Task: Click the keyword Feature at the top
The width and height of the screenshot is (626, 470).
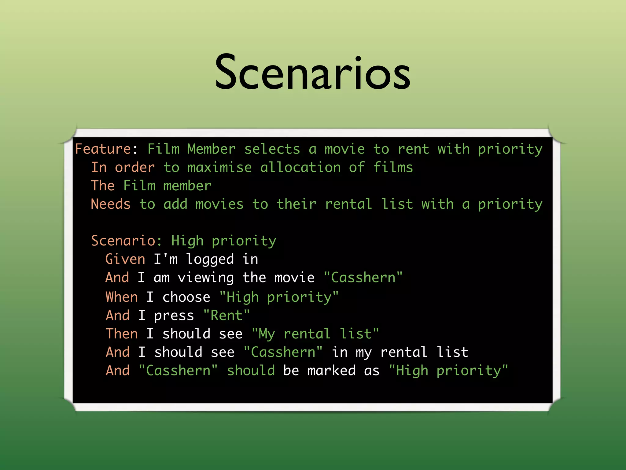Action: click(x=103, y=149)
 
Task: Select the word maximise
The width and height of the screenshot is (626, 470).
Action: click(x=219, y=167)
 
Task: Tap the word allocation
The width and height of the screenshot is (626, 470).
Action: click(x=300, y=167)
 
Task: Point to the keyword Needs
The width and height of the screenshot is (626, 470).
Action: click(x=111, y=204)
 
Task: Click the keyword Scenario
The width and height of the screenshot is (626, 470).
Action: click(x=123, y=241)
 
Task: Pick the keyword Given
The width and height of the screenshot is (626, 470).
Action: click(x=125, y=259)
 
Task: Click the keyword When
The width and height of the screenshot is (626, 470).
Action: click(x=122, y=297)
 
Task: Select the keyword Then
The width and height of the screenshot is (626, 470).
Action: click(x=122, y=334)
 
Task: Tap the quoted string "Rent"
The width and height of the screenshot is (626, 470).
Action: click(x=226, y=315)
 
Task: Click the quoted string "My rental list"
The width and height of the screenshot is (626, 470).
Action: click(x=315, y=334)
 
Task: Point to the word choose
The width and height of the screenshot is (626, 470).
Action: click(x=186, y=297)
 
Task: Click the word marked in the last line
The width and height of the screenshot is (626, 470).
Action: click(x=331, y=371)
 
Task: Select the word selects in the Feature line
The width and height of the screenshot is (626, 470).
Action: click(x=272, y=149)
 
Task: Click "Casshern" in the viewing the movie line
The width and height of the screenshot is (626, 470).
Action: click(x=363, y=278)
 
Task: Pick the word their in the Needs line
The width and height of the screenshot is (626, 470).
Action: click(x=296, y=204)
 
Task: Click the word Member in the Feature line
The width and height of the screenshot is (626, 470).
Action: click(x=211, y=149)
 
